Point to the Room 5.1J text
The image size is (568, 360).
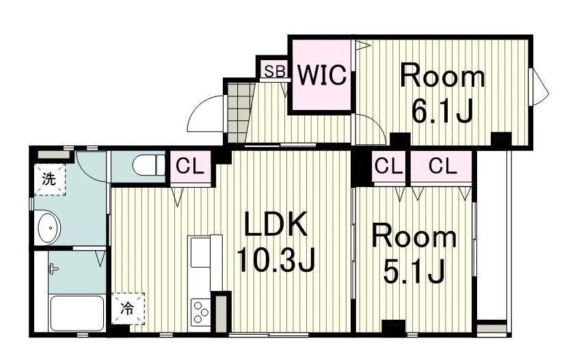click(414, 253)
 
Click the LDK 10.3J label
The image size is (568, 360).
click(276, 241)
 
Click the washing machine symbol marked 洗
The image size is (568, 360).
click(49, 180)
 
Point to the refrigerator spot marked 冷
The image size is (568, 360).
click(128, 308)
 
